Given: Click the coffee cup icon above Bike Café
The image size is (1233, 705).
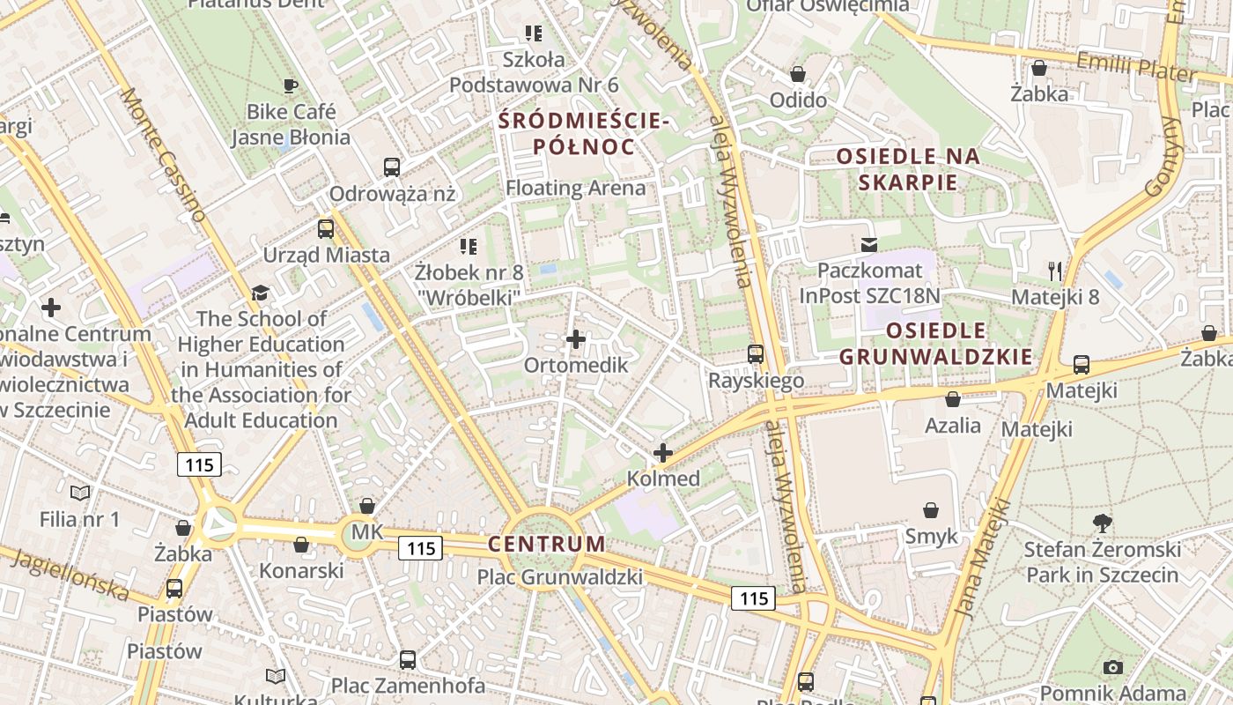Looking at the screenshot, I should click(x=290, y=85).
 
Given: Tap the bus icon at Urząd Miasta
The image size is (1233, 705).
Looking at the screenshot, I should click(x=326, y=229).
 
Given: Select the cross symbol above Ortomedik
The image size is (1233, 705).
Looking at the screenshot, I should click(x=576, y=339).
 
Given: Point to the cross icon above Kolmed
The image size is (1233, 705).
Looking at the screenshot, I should click(x=662, y=453).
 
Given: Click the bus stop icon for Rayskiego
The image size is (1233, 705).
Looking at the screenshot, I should click(x=756, y=354).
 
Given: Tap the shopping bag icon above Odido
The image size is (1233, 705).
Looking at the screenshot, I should click(x=798, y=74).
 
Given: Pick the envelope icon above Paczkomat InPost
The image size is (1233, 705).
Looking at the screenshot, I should click(x=869, y=244).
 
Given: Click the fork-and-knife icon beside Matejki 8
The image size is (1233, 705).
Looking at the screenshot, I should click(x=1055, y=271).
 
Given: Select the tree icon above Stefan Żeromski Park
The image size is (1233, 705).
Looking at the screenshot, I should click(x=1102, y=523).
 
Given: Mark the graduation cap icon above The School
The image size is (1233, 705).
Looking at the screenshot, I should click(x=259, y=293).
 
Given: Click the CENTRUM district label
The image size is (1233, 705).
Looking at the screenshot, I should click(x=547, y=544).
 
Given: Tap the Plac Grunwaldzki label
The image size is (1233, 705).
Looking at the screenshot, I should click(x=560, y=577).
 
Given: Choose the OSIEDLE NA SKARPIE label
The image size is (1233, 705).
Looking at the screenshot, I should click(x=908, y=169).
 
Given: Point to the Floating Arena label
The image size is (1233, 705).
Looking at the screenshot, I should click(x=575, y=188).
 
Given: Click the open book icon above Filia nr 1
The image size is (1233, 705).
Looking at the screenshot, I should click(x=80, y=493).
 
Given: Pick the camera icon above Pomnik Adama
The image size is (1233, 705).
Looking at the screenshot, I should click(x=1113, y=667).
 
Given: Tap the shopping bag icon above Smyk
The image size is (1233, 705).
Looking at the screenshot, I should click(x=931, y=510).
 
